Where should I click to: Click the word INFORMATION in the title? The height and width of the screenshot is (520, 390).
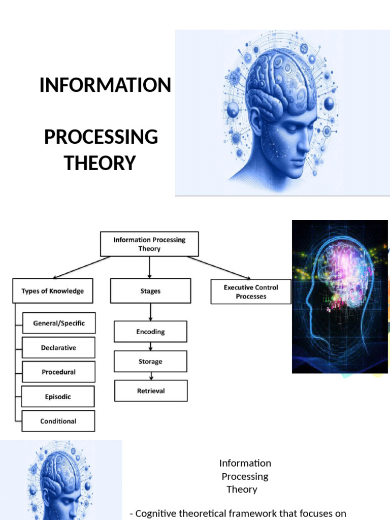click(105, 85)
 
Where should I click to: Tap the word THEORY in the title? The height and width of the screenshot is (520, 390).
click(100, 163)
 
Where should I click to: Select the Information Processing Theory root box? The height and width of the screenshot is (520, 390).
click(149, 244)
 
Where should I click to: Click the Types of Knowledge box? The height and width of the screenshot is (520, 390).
click(53, 291)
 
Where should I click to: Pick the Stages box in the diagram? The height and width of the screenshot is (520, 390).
click(150, 291)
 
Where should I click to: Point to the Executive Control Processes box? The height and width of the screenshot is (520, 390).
click(251, 291)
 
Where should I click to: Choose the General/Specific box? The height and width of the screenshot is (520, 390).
click(59, 323)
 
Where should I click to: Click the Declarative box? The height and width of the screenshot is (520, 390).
click(59, 348)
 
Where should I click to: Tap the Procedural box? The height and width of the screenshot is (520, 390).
click(59, 372)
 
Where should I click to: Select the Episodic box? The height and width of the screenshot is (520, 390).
click(59, 397)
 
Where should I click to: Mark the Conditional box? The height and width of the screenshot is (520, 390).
click(59, 421)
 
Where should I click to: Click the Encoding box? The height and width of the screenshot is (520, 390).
click(150, 332)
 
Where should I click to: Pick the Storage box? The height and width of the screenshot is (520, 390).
click(150, 361)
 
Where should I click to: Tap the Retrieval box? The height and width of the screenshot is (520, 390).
click(151, 391)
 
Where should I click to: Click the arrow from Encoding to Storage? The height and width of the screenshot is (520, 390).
click(150, 346)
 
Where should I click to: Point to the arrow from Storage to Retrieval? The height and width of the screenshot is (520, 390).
click(151, 376)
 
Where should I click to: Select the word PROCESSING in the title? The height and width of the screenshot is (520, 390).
click(101, 137)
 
